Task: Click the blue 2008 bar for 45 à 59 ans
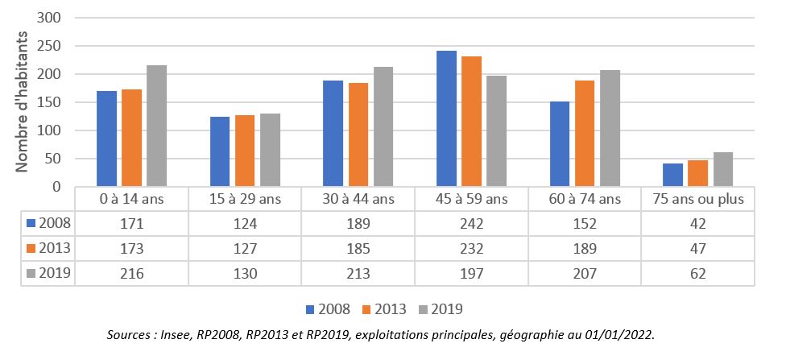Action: [446, 118]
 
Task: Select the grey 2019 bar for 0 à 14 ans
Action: [156, 126]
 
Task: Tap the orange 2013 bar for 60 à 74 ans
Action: [585, 134]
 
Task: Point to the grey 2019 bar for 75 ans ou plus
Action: [722, 169]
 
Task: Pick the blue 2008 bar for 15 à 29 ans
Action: [219, 151]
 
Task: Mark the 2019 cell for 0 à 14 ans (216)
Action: [131, 274]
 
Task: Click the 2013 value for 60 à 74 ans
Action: [585, 249]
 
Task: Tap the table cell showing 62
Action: [697, 274]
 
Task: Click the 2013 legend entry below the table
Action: [386, 308]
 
